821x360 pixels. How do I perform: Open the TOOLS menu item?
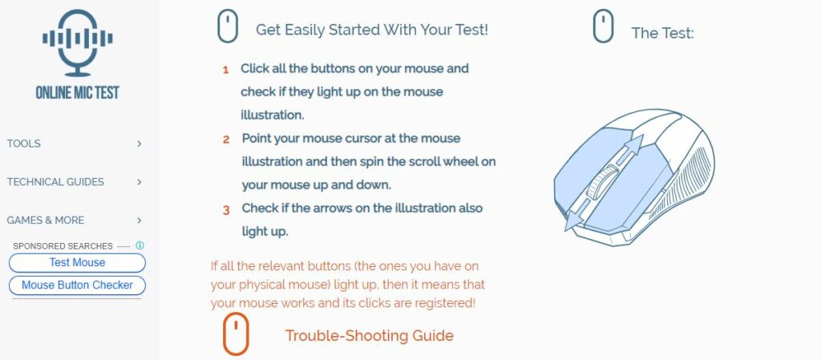click(x=24, y=144)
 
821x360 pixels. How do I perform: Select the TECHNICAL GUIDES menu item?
click(x=55, y=182)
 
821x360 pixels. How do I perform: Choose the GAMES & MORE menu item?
click(x=46, y=220)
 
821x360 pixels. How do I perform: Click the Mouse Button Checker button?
click(x=77, y=285)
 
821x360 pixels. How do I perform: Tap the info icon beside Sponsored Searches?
click(x=140, y=245)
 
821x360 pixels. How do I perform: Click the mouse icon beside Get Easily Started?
click(x=228, y=26)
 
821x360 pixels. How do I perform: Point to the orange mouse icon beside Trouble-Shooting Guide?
click(x=236, y=334)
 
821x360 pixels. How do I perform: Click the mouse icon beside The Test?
click(x=603, y=26)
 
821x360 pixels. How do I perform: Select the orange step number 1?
click(x=226, y=70)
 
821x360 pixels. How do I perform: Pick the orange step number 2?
click(x=226, y=140)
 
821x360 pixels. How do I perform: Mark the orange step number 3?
click(x=226, y=210)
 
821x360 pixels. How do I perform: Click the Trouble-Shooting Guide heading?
click(x=369, y=336)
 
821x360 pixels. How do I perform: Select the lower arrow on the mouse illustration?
click(x=576, y=219)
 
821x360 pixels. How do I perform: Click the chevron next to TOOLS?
click(x=140, y=144)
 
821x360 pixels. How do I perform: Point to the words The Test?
click(x=662, y=34)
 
